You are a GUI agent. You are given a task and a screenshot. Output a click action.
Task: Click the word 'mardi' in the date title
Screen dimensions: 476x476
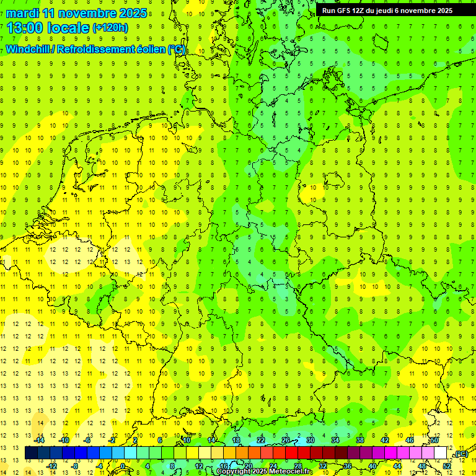[22, 13]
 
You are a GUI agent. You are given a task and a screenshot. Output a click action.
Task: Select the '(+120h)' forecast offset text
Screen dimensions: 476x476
[110, 28]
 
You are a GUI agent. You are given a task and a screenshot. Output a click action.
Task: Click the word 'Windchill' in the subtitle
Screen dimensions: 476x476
[29, 49]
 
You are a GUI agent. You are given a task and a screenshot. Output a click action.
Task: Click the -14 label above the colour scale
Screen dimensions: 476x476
[40, 440]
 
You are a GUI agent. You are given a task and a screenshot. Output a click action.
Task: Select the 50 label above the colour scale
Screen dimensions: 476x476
[434, 440]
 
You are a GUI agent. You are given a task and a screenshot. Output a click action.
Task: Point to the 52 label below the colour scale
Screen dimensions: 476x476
[447, 466]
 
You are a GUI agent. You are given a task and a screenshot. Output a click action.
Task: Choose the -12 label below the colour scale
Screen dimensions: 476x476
[52, 466]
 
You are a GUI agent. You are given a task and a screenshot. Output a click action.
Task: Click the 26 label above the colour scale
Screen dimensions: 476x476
[286, 440]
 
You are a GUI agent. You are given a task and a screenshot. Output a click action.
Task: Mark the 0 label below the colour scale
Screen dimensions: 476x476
[123, 466]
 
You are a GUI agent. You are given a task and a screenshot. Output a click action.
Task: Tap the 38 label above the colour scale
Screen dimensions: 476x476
[360, 440]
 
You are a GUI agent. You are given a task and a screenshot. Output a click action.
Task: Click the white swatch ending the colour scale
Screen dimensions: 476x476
[441, 453]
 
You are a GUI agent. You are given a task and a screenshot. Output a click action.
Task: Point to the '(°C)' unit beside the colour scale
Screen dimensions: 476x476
[461, 454]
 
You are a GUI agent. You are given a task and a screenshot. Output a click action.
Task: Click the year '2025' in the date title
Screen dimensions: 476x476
[133, 13]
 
